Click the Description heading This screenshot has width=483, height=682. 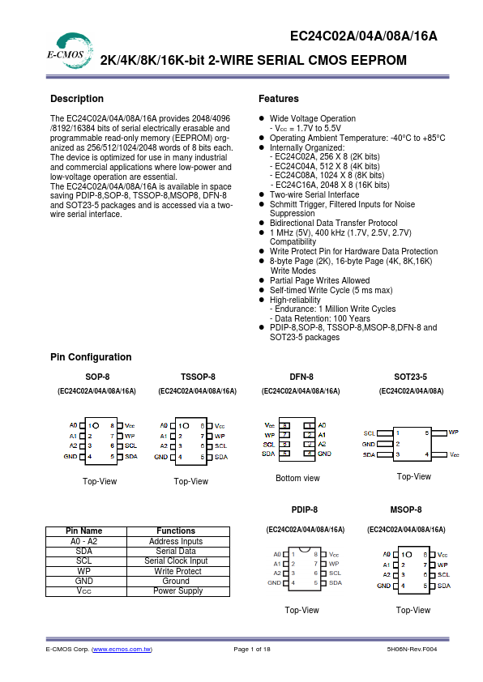pos(77,99)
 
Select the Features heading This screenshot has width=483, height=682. pos(279,99)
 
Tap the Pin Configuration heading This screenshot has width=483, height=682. pos(91,357)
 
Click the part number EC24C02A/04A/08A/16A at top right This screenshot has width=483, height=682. pos(364,36)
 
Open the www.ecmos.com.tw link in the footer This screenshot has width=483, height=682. pos(122,650)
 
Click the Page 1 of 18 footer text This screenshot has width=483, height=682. pos(252,650)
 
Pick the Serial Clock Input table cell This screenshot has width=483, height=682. pos(176,561)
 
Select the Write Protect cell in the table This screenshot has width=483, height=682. pos(176,571)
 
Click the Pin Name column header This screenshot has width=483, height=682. pos(84,531)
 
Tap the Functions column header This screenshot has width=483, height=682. pos(176,531)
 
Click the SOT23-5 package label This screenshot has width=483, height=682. pos(410,377)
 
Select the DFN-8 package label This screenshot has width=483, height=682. pos(301,377)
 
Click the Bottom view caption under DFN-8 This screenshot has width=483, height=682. pos(297,478)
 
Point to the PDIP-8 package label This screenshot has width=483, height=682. pos(304,509)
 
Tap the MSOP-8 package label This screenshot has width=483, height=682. pos(405,509)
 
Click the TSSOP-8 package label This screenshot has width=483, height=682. pos(198,377)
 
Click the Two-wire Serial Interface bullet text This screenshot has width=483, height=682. pos(314,194)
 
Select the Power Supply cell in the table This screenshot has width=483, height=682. pos(176,590)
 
